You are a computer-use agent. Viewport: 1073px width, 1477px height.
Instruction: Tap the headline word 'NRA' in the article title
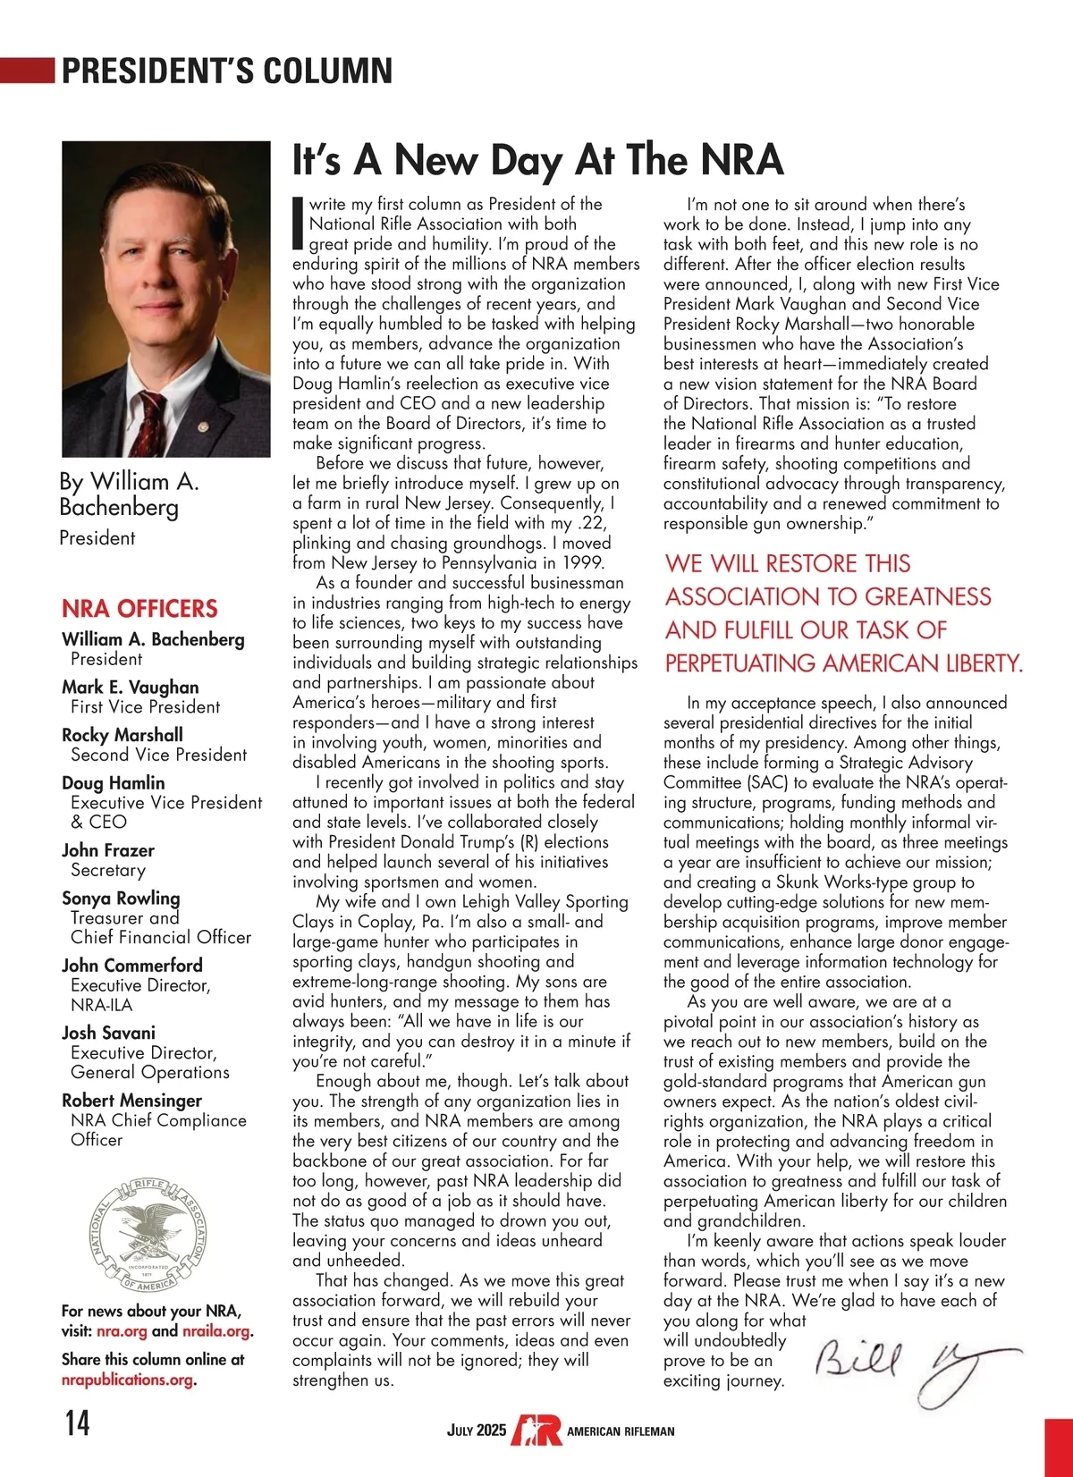[x=741, y=160]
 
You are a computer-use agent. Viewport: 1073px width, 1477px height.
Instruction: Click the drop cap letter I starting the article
[x=299, y=223]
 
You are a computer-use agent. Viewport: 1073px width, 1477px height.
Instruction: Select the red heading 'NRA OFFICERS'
[x=139, y=609]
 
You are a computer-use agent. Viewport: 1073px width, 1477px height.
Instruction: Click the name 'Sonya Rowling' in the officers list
[x=121, y=898]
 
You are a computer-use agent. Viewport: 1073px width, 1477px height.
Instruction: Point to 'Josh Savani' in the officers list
[x=108, y=1033]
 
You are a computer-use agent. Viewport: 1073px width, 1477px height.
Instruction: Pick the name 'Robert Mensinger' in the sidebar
[x=131, y=1101]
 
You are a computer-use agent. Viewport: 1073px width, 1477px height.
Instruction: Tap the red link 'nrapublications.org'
[x=127, y=1380]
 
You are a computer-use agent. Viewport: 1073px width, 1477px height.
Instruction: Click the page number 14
[x=77, y=1422]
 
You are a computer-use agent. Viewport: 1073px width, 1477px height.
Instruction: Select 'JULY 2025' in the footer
[x=476, y=1431]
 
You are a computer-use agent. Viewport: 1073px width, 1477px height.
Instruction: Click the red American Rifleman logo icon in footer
[x=536, y=1430]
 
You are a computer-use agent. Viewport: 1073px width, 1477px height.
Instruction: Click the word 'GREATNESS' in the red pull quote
[x=928, y=597]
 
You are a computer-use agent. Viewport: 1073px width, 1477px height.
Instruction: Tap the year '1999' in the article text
[x=584, y=563]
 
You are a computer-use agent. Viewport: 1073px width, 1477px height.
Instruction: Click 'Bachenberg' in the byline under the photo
[x=119, y=508]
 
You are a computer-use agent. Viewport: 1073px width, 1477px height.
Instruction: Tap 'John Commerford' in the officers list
[x=132, y=966]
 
